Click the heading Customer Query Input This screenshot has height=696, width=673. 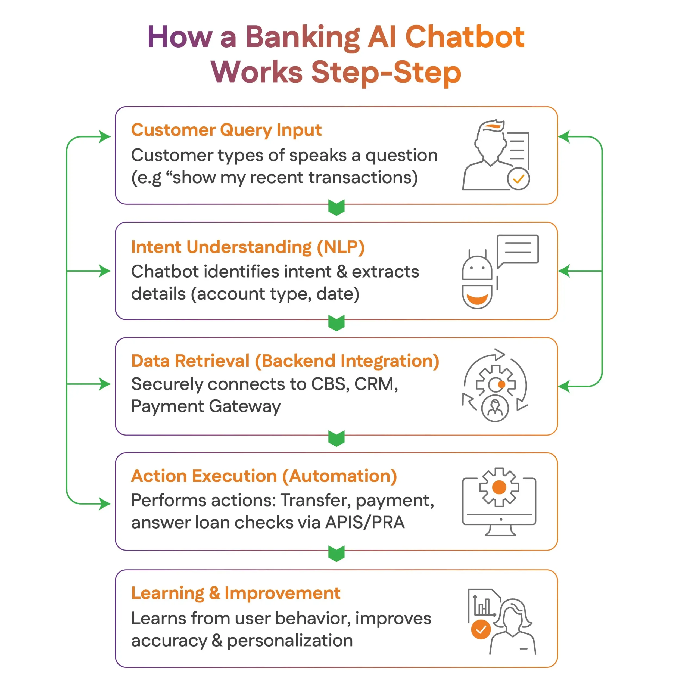pyautogui.click(x=226, y=130)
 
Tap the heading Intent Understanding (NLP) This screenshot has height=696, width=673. pyautogui.click(x=247, y=247)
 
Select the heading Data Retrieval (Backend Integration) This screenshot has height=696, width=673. pyautogui.click(x=285, y=361)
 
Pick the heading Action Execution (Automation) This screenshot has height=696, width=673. pyautogui.click(x=264, y=476)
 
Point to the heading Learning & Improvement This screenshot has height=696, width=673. pyautogui.click(x=235, y=594)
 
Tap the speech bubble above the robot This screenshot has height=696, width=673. pyautogui.click(x=518, y=249)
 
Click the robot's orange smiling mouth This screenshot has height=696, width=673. pyautogui.click(x=477, y=299)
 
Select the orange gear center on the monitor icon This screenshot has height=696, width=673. pyautogui.click(x=499, y=487)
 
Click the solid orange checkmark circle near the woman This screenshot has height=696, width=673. pyautogui.click(x=481, y=630)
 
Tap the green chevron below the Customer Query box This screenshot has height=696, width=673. pyautogui.click(x=336, y=207)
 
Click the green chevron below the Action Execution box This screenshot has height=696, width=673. pyautogui.click(x=336, y=553)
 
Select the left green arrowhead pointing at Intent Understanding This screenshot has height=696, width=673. pyautogui.click(x=105, y=271)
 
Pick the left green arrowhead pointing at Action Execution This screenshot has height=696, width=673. pyautogui.click(x=105, y=504)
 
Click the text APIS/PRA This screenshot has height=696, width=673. pyautogui.click(x=364, y=522)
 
